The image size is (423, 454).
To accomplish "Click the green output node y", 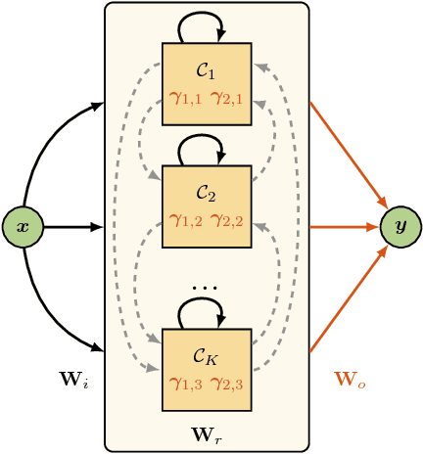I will [x=400, y=226].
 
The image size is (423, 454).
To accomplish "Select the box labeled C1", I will [x=207, y=83].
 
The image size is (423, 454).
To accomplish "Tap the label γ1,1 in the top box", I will [x=185, y=97].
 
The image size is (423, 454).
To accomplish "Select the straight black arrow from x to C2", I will [x=73, y=226].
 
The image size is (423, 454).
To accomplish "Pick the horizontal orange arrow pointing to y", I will [x=343, y=226].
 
